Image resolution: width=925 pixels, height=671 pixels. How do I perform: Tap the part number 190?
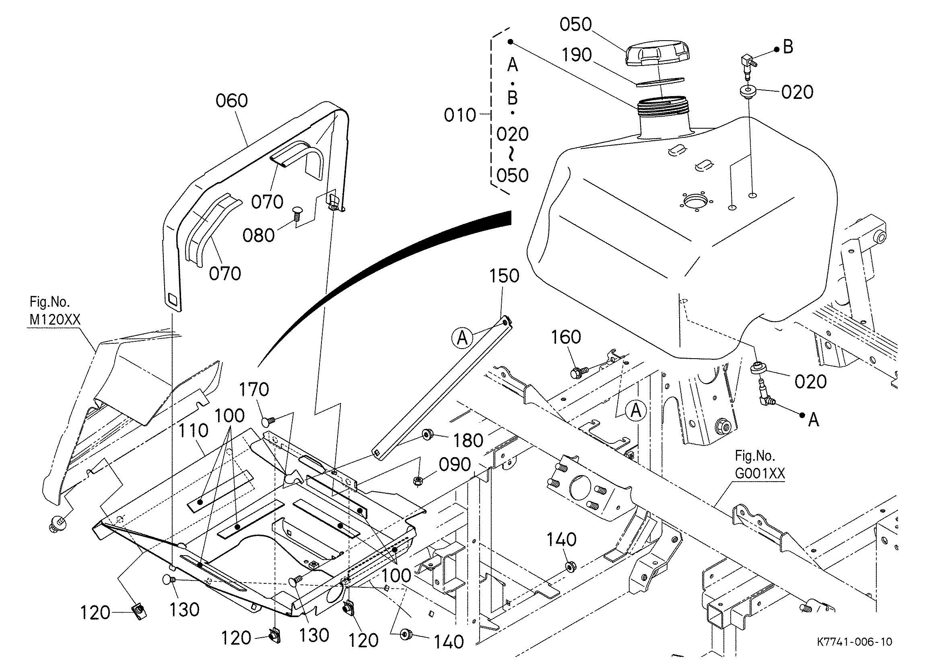(x=577, y=55)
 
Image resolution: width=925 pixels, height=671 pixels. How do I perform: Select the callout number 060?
(x=232, y=101)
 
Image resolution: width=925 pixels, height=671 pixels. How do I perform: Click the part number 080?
(x=259, y=236)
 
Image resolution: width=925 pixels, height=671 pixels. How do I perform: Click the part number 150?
(x=505, y=276)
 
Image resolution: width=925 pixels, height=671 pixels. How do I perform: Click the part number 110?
(x=193, y=431)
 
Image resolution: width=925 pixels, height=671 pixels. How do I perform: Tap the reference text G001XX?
(x=760, y=474)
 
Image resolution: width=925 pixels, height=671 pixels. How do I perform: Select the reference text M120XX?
(x=55, y=320)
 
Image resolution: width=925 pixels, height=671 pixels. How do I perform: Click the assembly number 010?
(x=460, y=115)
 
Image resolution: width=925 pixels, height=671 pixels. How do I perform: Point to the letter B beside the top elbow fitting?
(x=788, y=47)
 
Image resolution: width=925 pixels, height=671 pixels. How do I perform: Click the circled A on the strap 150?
(x=462, y=338)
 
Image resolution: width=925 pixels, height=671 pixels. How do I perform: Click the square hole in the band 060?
(x=173, y=300)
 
